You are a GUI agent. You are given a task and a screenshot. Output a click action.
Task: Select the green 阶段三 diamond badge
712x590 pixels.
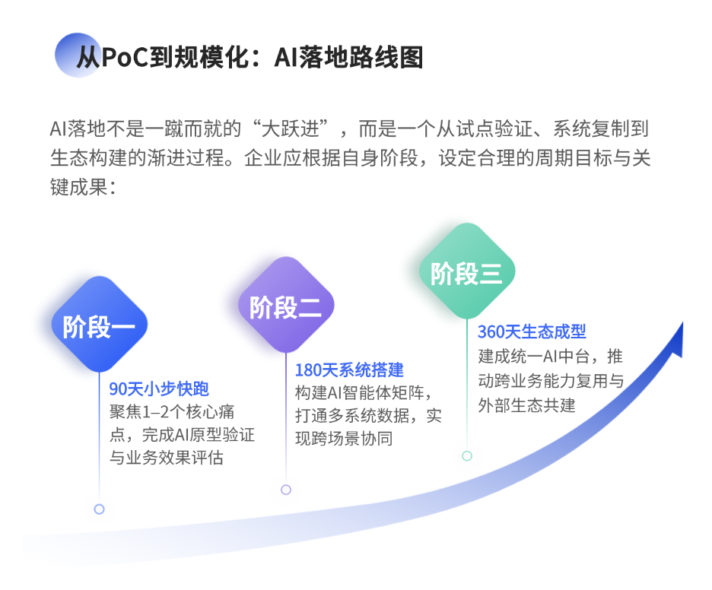pos(467,271)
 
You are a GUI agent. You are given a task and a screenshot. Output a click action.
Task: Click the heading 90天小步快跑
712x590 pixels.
pos(159,389)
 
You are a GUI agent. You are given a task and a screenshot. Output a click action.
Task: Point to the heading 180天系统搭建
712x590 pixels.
pos(349,370)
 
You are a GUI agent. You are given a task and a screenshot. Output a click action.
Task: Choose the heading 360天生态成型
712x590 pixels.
pos(532,332)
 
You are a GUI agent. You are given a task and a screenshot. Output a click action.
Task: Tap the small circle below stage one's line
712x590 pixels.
pos(99,509)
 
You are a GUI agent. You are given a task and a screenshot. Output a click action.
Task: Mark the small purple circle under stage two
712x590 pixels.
pos(286,490)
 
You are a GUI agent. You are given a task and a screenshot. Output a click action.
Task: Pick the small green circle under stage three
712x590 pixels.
pos(467,455)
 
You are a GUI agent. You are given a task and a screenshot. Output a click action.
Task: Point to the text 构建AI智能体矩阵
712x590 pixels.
pos(364,394)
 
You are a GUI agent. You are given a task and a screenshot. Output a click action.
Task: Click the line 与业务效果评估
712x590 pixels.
pos(167,458)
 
